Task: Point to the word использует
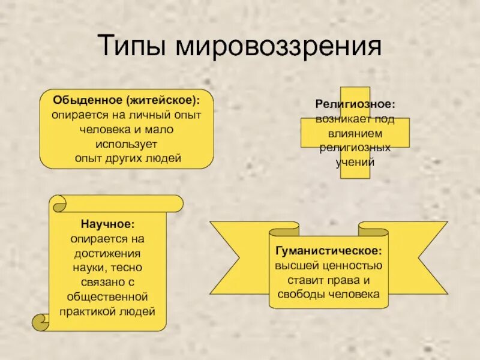126,144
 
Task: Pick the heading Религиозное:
356,104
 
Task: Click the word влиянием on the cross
355,133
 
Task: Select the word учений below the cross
355,162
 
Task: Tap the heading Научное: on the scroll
107,224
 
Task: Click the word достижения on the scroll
108,253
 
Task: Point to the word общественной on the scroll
108,297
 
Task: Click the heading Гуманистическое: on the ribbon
328,250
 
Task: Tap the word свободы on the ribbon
302,294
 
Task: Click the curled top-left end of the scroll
59,204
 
